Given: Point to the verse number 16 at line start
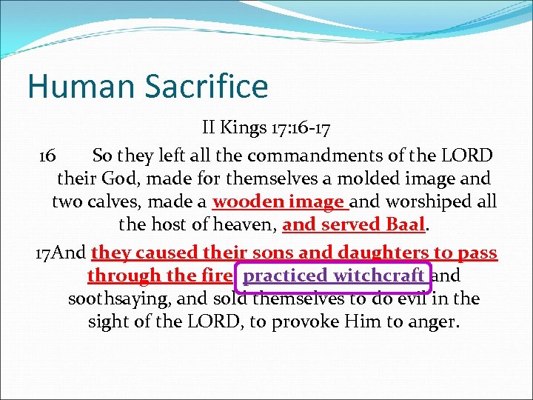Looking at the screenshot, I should point(47,156).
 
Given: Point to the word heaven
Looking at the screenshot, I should point(249,224).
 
